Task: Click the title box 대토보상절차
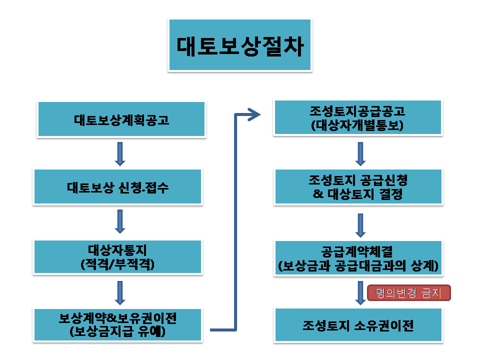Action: pyautogui.click(x=240, y=45)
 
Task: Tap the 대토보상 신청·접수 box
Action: pyautogui.click(x=118, y=187)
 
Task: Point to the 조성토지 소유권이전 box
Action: pyautogui.click(x=358, y=325)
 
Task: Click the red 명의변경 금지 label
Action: pyautogui.click(x=408, y=293)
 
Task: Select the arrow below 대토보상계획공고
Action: pyautogui.click(x=120, y=153)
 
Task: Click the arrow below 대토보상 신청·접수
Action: pyautogui.click(x=120, y=221)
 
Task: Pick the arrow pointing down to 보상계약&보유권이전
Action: pyautogui.click(x=120, y=292)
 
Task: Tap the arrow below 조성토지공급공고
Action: pyautogui.click(x=360, y=153)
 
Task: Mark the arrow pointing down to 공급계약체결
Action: pyautogui.click(x=360, y=225)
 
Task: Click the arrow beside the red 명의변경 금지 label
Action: pyautogui.click(x=360, y=292)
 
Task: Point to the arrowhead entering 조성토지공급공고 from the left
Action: pyautogui.click(x=254, y=115)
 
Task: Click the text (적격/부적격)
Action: pyautogui.click(x=118, y=264)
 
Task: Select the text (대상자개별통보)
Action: pyautogui.click(x=357, y=125)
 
